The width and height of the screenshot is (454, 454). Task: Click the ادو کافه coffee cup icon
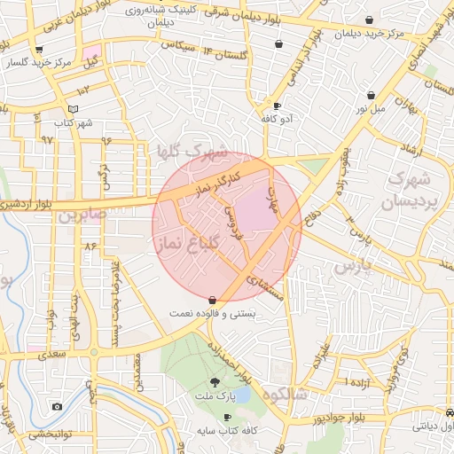click(x=278, y=106)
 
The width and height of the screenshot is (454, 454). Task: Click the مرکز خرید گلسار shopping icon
click(x=38, y=51)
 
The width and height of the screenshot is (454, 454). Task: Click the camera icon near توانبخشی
click(x=57, y=407)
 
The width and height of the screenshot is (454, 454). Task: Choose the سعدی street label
click(x=53, y=354)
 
